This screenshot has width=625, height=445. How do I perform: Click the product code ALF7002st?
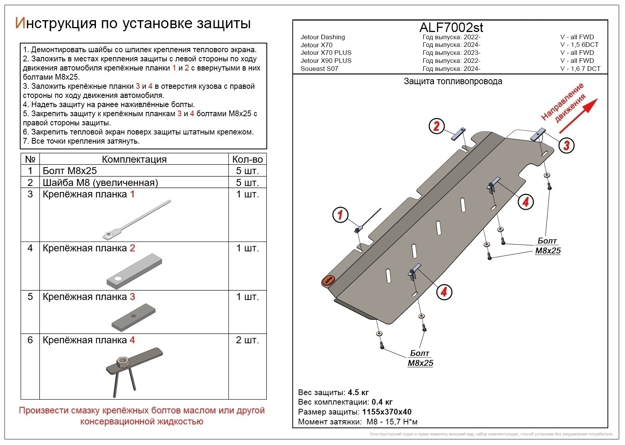tap(451, 27)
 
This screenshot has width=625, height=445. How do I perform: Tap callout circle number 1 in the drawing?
tap(340, 214)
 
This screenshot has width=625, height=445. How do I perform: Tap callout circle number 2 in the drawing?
tap(437, 126)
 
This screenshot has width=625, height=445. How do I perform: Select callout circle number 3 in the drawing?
tap(566, 145)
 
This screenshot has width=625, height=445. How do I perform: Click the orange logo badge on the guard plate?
tap(328, 280)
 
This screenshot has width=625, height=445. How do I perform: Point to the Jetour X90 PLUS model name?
tap(326, 61)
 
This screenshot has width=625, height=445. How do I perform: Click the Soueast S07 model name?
tap(319, 69)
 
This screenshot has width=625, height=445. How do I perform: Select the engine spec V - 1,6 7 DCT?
tap(580, 69)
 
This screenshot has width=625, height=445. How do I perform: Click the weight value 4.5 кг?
tap(358, 392)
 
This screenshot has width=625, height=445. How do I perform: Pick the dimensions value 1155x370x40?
tap(387, 412)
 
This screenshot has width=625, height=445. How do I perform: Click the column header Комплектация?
tap(134, 159)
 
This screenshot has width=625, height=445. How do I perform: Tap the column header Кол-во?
tap(247, 159)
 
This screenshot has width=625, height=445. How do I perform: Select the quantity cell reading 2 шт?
tap(247, 340)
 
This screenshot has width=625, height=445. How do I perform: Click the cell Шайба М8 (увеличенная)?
tap(100, 182)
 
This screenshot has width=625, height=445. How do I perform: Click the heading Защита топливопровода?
tap(453, 81)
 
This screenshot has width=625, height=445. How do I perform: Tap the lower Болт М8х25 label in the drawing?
tap(420, 358)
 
